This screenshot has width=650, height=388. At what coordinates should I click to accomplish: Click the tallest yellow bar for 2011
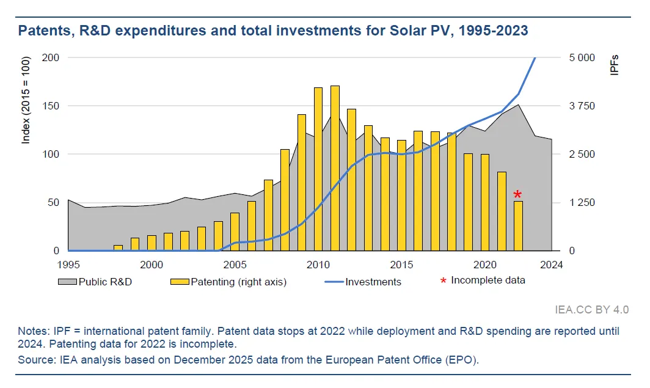pos(335,168)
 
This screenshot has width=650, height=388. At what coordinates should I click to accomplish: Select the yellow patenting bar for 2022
pos(518,225)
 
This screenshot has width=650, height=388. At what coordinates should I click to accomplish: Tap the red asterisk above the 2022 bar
pos(517,195)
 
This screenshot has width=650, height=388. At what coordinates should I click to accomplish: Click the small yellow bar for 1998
pos(119,247)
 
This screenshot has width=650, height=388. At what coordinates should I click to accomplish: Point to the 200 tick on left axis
pos(51,57)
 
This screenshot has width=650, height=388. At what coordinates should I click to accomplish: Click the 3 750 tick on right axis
pos(582,106)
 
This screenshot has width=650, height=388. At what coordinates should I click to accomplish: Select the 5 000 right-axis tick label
pos(582,57)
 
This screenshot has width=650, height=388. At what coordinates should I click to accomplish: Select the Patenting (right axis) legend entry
pos(228,282)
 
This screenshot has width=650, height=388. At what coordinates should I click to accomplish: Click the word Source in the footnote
pos(34,359)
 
